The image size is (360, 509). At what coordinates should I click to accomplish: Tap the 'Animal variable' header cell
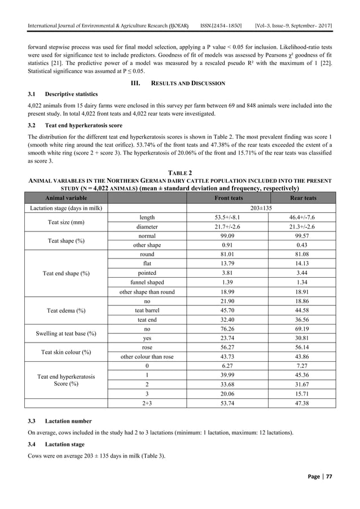[x=62, y=198]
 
